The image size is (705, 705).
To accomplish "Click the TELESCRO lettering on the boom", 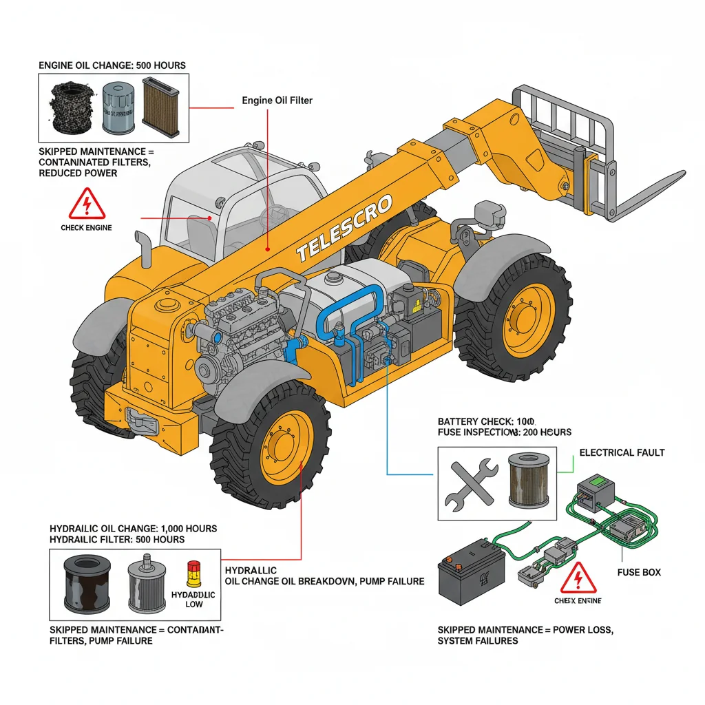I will [x=344, y=229].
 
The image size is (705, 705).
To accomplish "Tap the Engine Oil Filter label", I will [x=277, y=101].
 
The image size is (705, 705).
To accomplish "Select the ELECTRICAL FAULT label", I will [x=622, y=452].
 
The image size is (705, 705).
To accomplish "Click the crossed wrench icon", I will [x=472, y=483].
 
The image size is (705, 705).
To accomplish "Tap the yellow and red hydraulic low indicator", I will [x=193, y=573].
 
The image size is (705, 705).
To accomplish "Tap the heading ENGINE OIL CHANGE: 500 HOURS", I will [x=112, y=65].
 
